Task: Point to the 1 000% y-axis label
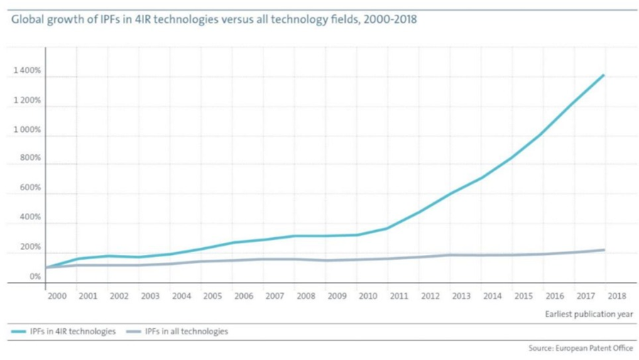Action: click(x=27, y=131)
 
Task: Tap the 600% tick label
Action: click(x=31, y=187)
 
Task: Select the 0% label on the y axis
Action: click(x=35, y=276)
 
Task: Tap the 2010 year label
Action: click(x=368, y=295)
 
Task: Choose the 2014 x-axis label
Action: click(x=492, y=295)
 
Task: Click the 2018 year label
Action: click(x=617, y=295)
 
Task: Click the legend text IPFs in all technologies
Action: click(x=187, y=332)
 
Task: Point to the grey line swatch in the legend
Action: click(x=133, y=332)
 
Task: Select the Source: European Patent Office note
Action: click(x=580, y=349)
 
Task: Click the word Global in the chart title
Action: click(x=26, y=19)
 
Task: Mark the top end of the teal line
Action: click(x=603, y=75)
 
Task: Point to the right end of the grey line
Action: click(x=604, y=250)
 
